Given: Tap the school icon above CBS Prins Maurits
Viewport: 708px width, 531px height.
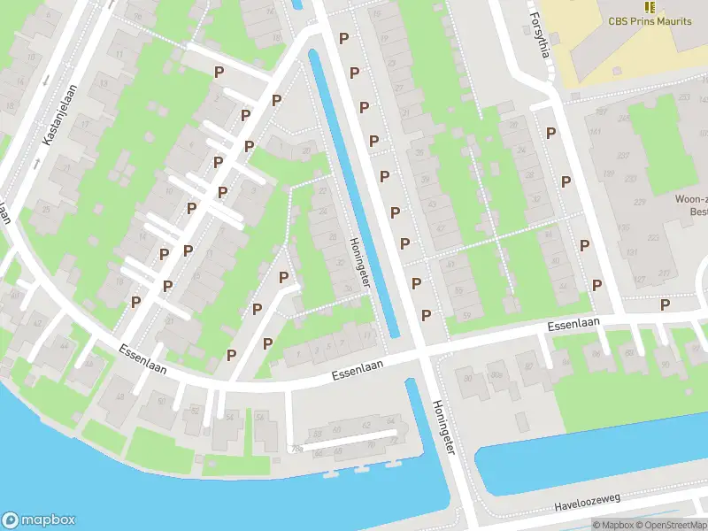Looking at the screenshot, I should tap(650, 6).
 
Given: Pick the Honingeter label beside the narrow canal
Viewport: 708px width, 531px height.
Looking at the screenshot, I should tap(358, 263).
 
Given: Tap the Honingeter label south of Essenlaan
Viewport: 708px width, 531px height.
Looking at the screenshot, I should tap(442, 427).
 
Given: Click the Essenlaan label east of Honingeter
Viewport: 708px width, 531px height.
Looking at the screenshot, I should tap(573, 325).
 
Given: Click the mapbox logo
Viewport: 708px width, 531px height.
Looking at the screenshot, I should tap(39, 519).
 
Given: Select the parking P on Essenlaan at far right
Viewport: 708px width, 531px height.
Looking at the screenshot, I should tap(665, 304).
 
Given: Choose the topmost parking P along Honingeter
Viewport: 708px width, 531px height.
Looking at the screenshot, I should tap(343, 38).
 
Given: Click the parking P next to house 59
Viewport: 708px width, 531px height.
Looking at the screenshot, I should tap(426, 315).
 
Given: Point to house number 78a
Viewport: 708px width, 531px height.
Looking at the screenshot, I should tap(296, 449).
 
